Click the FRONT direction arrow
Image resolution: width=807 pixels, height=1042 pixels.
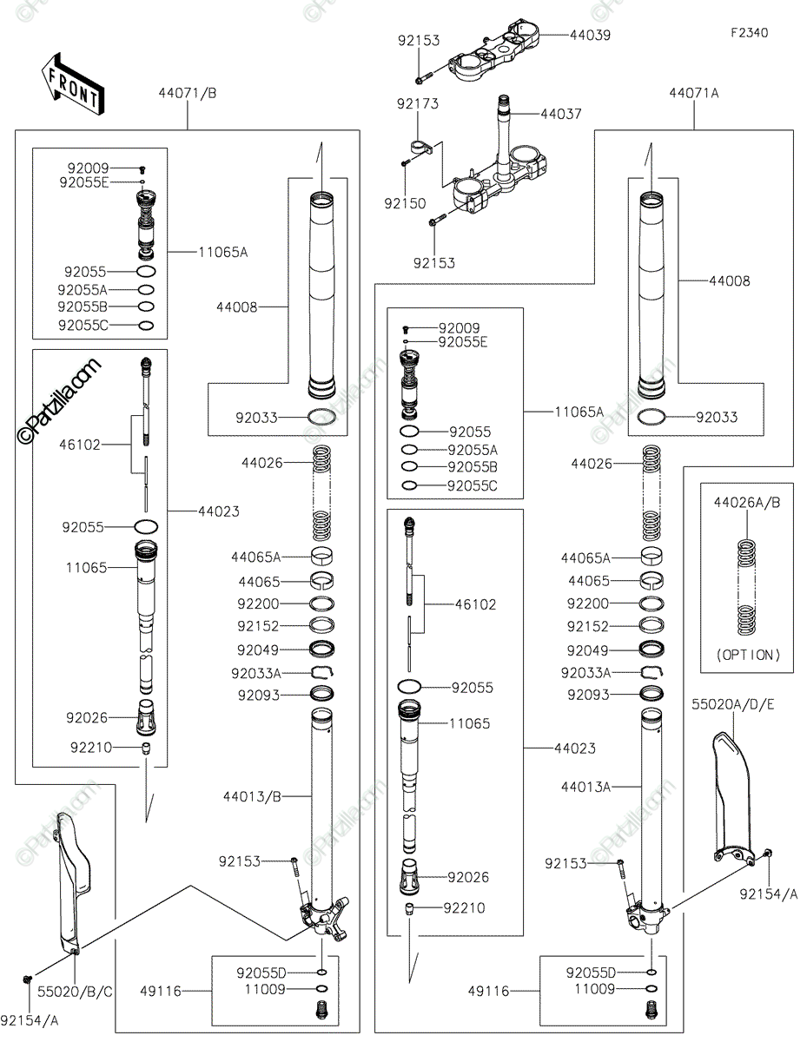[x=73, y=84]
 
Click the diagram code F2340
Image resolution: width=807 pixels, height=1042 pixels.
[x=749, y=33]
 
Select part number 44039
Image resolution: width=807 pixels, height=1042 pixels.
[x=590, y=36]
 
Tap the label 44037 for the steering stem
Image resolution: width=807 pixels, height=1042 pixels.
[x=561, y=114]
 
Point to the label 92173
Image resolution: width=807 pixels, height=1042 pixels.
[x=418, y=103]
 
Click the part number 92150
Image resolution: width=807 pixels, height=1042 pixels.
[x=405, y=204]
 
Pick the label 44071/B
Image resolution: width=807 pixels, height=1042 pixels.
[x=188, y=93]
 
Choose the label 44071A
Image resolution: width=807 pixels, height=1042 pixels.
[x=694, y=93]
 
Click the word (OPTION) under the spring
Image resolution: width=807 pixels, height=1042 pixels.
[x=748, y=655]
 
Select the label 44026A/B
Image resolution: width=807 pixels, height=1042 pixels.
[x=746, y=503]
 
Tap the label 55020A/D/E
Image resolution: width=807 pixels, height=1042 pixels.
[x=732, y=704]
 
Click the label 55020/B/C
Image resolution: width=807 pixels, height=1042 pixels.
[x=75, y=992]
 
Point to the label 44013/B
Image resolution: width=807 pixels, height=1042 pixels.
[x=252, y=797]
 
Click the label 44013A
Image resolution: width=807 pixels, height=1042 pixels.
[x=585, y=788]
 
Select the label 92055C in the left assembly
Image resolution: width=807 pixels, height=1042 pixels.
[x=83, y=326]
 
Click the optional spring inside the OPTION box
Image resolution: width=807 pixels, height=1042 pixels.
[x=746, y=588]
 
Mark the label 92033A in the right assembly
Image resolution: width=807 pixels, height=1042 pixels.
[x=585, y=673]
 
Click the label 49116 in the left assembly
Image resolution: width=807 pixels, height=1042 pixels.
[x=161, y=991]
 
